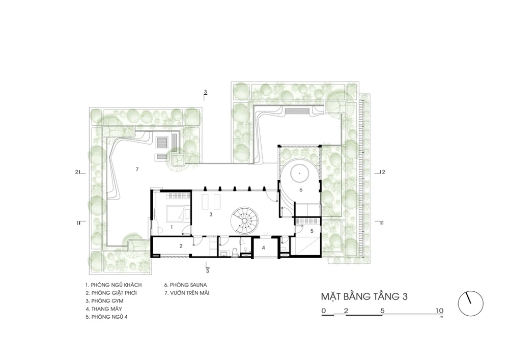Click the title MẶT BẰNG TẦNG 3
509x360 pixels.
[364, 297]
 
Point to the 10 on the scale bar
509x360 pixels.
[439, 310]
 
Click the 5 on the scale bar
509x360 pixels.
[382, 310]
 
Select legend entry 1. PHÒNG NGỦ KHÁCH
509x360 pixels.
[114, 285]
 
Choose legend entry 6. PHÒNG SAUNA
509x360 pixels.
[185, 285]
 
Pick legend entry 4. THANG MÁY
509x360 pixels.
[104, 309]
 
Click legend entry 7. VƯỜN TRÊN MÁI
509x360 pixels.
[187, 293]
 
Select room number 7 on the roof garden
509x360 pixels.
[137, 169]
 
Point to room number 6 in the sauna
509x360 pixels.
[301, 189]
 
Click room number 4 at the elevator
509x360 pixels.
[264, 247]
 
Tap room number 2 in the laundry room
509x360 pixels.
[181, 246]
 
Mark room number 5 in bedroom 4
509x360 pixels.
[312, 231]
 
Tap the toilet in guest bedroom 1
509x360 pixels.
[159, 230]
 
